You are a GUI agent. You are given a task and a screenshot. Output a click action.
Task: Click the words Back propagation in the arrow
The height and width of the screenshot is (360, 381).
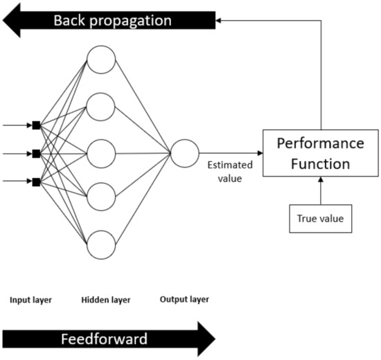coord(112,21)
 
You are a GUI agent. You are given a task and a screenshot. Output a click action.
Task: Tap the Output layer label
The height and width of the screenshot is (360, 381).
coord(185,300)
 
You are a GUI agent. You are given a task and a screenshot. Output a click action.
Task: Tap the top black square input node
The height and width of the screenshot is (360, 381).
coord(36,125)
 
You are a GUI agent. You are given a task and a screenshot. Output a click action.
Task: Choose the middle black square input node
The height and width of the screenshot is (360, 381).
coord(36,153)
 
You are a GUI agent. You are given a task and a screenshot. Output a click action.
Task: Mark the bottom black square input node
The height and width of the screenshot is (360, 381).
coord(36,181)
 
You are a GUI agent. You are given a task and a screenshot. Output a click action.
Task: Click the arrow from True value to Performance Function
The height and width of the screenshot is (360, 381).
coord(320,190)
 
